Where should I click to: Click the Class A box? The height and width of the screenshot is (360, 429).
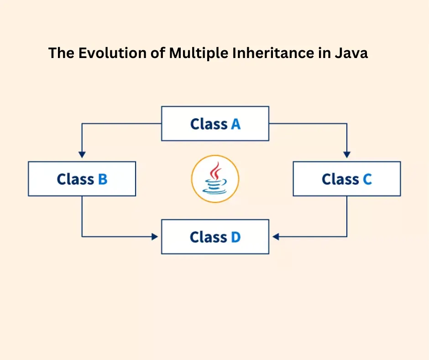coord(215,123)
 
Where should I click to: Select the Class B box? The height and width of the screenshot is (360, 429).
coord(82,179)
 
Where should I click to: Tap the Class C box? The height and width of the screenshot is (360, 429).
coord(347,179)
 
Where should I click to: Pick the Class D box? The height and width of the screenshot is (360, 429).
coord(215,237)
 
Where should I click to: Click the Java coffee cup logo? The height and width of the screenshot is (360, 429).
coord(215,179)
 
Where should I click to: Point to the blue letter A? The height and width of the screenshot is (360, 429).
coord(235,124)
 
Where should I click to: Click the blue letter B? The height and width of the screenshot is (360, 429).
coord(102,179)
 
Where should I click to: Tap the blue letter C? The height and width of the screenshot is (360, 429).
coord(367,179)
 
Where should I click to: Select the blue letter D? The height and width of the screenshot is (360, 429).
coord(235,237)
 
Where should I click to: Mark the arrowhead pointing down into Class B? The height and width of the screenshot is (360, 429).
coord(82,155)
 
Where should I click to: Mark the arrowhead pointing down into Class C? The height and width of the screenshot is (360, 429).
coord(347,155)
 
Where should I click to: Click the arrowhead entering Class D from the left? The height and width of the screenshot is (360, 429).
coord(155,237)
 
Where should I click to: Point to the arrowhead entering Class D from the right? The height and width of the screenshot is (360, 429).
coord(275,237)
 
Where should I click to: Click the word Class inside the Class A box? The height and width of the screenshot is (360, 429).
coord(209,124)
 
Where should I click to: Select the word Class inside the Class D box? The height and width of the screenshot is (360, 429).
coord(209,237)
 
